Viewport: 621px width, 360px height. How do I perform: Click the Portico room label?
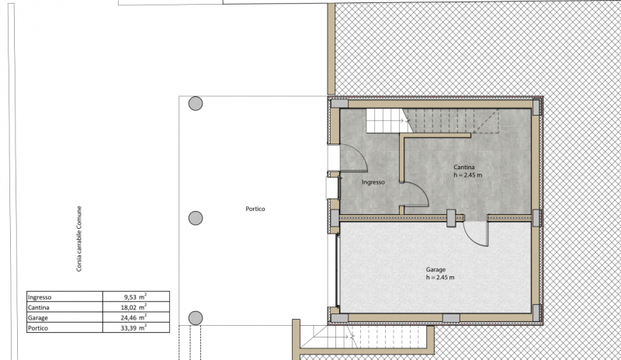(x=255, y=209)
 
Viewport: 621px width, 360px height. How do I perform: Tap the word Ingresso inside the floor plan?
(x=373, y=182)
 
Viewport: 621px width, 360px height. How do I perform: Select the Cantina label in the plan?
(x=463, y=167)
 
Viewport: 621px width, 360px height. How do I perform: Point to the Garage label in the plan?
(x=435, y=269)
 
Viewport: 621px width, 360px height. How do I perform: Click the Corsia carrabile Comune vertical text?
(x=79, y=238)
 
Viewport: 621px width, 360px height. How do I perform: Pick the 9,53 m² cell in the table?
(x=135, y=296)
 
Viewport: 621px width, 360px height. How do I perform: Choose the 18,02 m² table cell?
(x=134, y=307)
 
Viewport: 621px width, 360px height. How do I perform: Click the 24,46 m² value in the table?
(x=134, y=317)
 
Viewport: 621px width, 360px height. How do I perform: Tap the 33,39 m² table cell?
(x=134, y=327)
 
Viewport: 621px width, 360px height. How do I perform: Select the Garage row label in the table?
(x=37, y=317)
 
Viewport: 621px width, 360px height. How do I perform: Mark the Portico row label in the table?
(x=37, y=328)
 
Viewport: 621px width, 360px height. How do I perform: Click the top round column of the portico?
(x=196, y=104)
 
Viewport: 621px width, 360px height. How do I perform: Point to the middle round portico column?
(x=196, y=218)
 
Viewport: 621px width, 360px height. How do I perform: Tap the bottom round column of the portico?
(x=196, y=318)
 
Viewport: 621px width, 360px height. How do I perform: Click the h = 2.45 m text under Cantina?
(x=468, y=175)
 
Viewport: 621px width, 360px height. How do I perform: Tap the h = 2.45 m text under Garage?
(x=440, y=277)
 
